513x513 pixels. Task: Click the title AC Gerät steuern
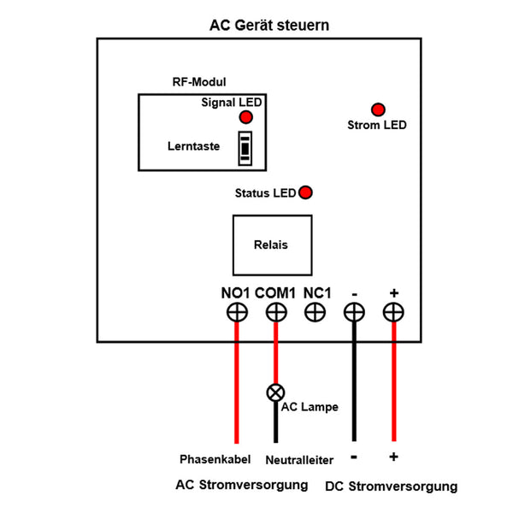pos(269,26)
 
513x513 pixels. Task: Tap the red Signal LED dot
pos(246,117)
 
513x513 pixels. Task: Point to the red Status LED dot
pos(305,192)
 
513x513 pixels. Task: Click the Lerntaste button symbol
pos(245,148)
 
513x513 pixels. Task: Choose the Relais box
pos(271,245)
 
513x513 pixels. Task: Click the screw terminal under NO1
pos(236,313)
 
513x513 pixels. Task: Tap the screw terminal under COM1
pos(275,313)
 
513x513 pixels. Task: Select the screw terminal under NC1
pos(315,313)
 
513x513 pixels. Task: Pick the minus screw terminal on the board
pos(354,313)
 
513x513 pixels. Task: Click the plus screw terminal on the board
pos(393,313)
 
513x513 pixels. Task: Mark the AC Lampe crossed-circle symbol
pos(275,393)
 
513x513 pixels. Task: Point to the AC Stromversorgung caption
pos(242,485)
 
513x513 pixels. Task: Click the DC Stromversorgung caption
pos(392,486)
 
